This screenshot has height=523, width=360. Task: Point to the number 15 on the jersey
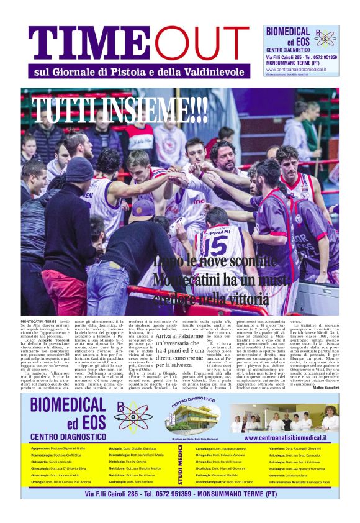213,243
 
